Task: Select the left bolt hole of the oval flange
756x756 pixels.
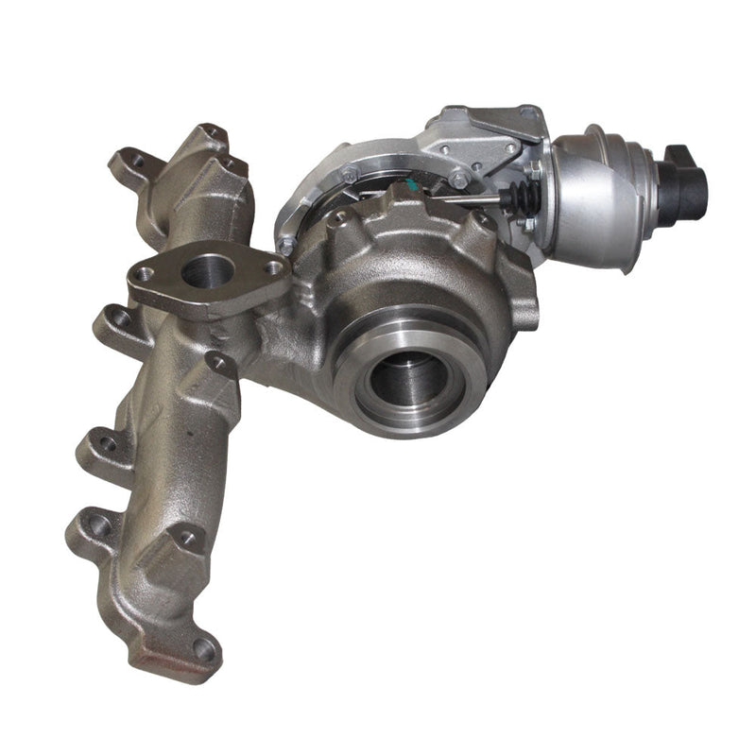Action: [x=144, y=274]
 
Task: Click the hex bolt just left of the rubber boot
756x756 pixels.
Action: [x=460, y=179]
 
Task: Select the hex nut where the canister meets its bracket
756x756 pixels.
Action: [x=535, y=171]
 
